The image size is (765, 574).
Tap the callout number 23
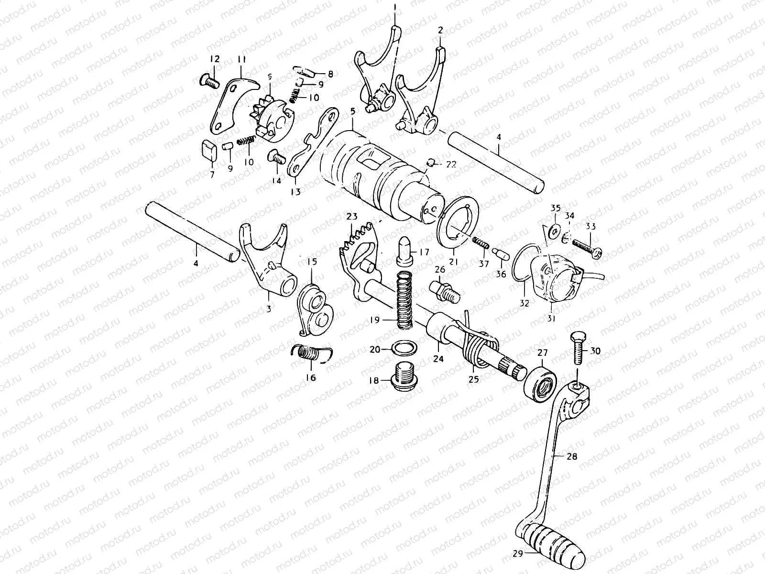[352, 217]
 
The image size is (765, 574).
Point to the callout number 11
[241, 60]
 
